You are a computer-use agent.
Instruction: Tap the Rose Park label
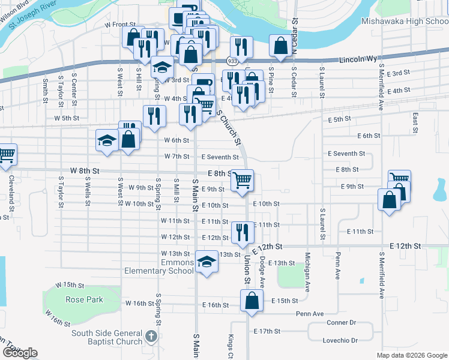point(84,299)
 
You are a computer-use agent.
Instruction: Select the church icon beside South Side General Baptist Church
point(152,336)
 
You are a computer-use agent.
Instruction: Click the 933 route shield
point(232,61)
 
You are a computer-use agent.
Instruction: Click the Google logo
point(20,353)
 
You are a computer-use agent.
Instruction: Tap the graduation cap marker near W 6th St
point(107,141)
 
